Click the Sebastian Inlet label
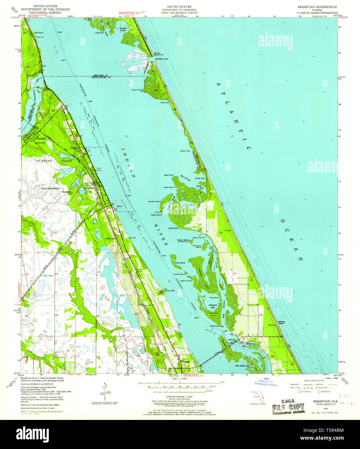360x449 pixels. [162, 59]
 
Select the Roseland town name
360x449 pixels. [41, 139]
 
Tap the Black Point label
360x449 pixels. [169, 175]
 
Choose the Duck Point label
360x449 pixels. [170, 290]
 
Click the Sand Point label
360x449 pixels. [38, 33]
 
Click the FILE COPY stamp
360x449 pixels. [288, 408]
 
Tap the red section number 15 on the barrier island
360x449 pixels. [235, 274]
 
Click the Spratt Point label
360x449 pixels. [173, 228]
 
